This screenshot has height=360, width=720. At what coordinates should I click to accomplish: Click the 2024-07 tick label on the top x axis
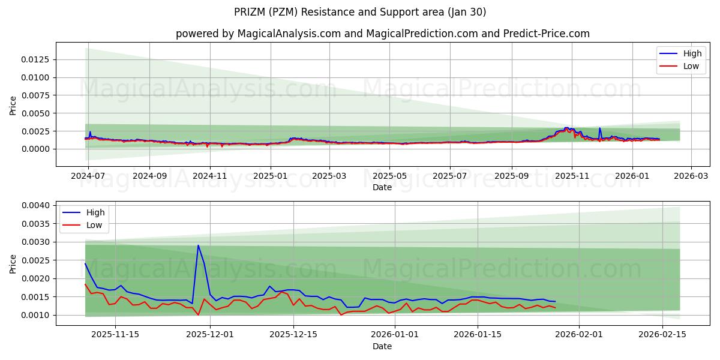(88, 176)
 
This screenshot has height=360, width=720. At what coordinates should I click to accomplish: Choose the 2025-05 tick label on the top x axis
(389, 176)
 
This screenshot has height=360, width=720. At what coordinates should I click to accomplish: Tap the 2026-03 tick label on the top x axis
(691, 176)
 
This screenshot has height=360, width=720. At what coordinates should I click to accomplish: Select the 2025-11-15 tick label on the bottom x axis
(115, 335)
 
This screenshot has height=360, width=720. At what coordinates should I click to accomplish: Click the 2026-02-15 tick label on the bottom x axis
(662, 335)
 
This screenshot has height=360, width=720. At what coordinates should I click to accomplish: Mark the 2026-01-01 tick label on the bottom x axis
(395, 335)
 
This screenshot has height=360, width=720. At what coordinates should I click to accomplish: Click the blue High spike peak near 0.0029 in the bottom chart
(198, 245)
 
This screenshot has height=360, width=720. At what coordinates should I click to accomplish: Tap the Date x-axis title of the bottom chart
(382, 346)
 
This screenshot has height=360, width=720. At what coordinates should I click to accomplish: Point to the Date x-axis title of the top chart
(382, 187)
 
